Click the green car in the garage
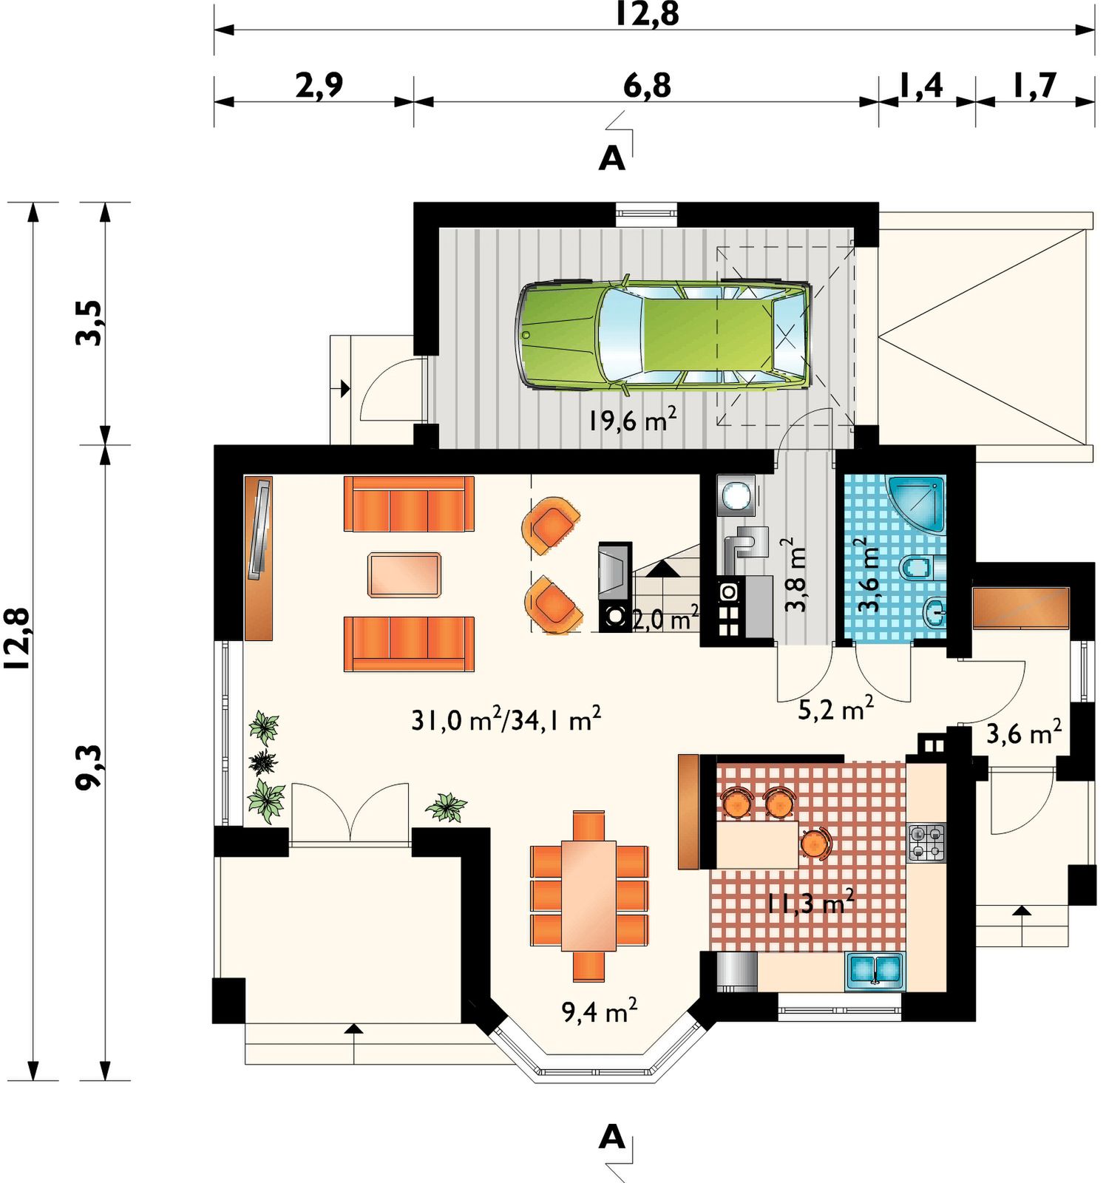[663, 334]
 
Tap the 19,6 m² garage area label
[633, 420]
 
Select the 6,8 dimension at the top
[647, 85]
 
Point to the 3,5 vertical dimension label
[90, 323]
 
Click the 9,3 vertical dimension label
[90, 767]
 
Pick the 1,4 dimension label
[921, 86]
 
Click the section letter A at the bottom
[612, 1137]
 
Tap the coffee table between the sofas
[404, 574]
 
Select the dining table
[588, 895]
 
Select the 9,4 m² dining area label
[600, 1011]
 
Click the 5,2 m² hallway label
[836, 709]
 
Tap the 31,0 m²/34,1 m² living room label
[506, 719]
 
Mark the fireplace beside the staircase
[615, 587]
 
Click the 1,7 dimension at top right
[1034, 86]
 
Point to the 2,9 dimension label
[319, 85]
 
